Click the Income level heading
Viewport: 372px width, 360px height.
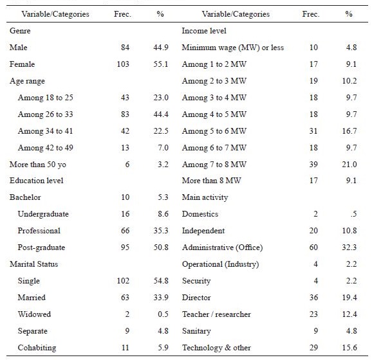(204, 31)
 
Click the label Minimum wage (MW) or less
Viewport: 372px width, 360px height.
(233, 48)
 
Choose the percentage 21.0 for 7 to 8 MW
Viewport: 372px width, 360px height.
(348, 165)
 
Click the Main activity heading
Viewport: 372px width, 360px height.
(205, 197)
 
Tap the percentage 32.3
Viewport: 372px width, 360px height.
(348, 248)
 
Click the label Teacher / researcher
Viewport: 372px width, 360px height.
(216, 314)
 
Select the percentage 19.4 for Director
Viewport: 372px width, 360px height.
(348, 298)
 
